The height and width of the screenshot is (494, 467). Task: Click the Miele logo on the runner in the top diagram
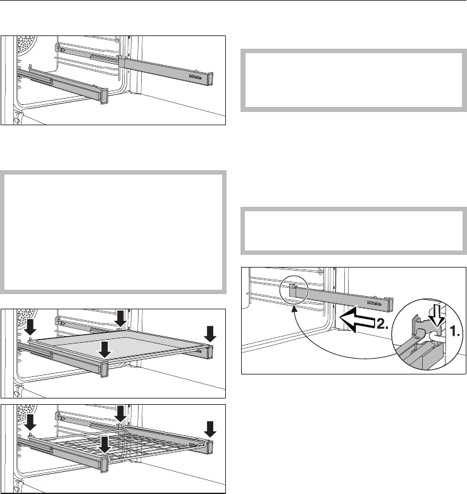196,74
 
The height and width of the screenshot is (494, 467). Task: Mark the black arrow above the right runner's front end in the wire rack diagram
210,431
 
